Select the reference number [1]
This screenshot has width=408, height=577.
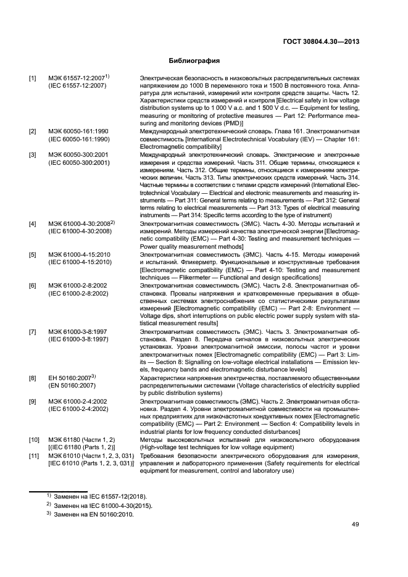(33, 78)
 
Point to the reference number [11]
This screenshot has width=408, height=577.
(34, 457)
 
